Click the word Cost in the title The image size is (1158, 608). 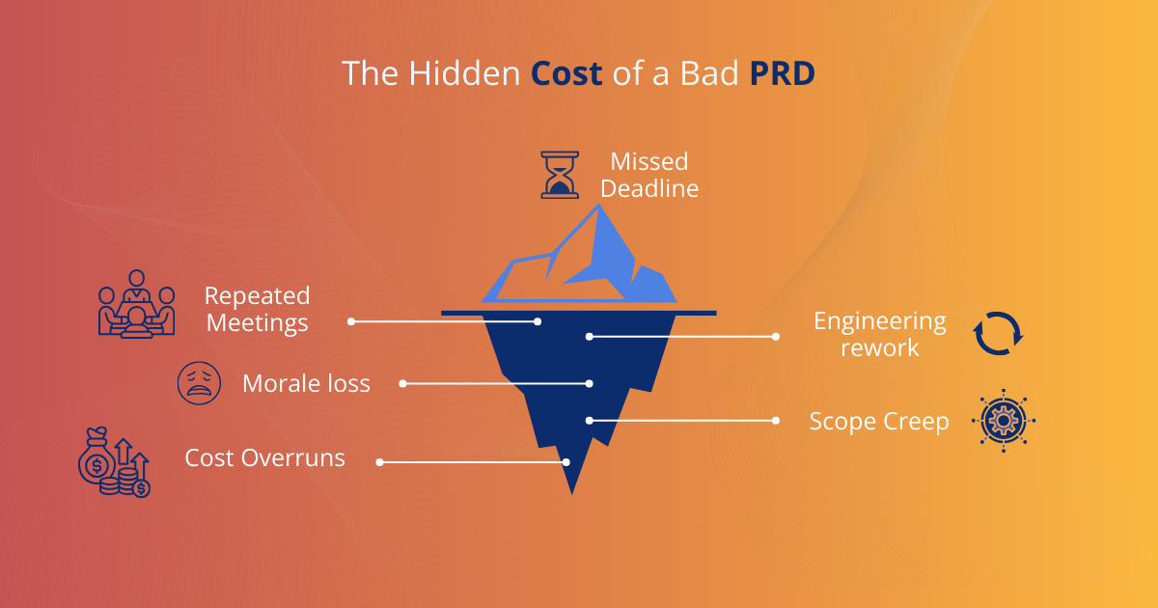(566, 74)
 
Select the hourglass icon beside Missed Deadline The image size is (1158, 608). (560, 175)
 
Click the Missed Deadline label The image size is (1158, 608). (648, 175)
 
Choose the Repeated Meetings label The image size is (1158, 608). (257, 309)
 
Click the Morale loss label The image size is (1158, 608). (306, 383)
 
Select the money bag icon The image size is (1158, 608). (114, 462)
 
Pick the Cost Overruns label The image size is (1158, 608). (264, 457)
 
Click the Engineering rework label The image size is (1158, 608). (879, 334)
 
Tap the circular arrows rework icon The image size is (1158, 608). (998, 333)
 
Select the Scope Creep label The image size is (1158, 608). (879, 422)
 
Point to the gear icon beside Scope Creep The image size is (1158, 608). (1003, 422)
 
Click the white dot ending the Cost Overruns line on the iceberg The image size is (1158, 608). (566, 462)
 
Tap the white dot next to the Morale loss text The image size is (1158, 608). (403, 383)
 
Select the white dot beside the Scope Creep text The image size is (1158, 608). (776, 421)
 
